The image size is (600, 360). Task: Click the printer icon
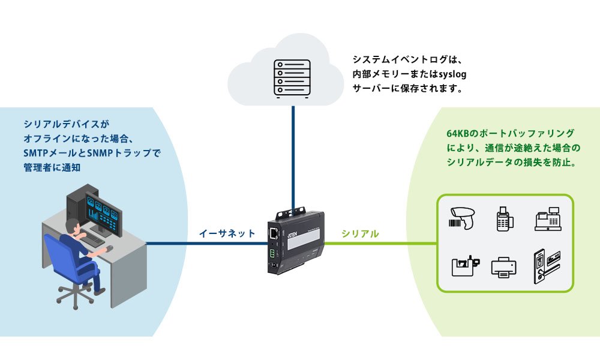[503, 266]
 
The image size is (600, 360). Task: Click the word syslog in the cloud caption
[451, 74]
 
